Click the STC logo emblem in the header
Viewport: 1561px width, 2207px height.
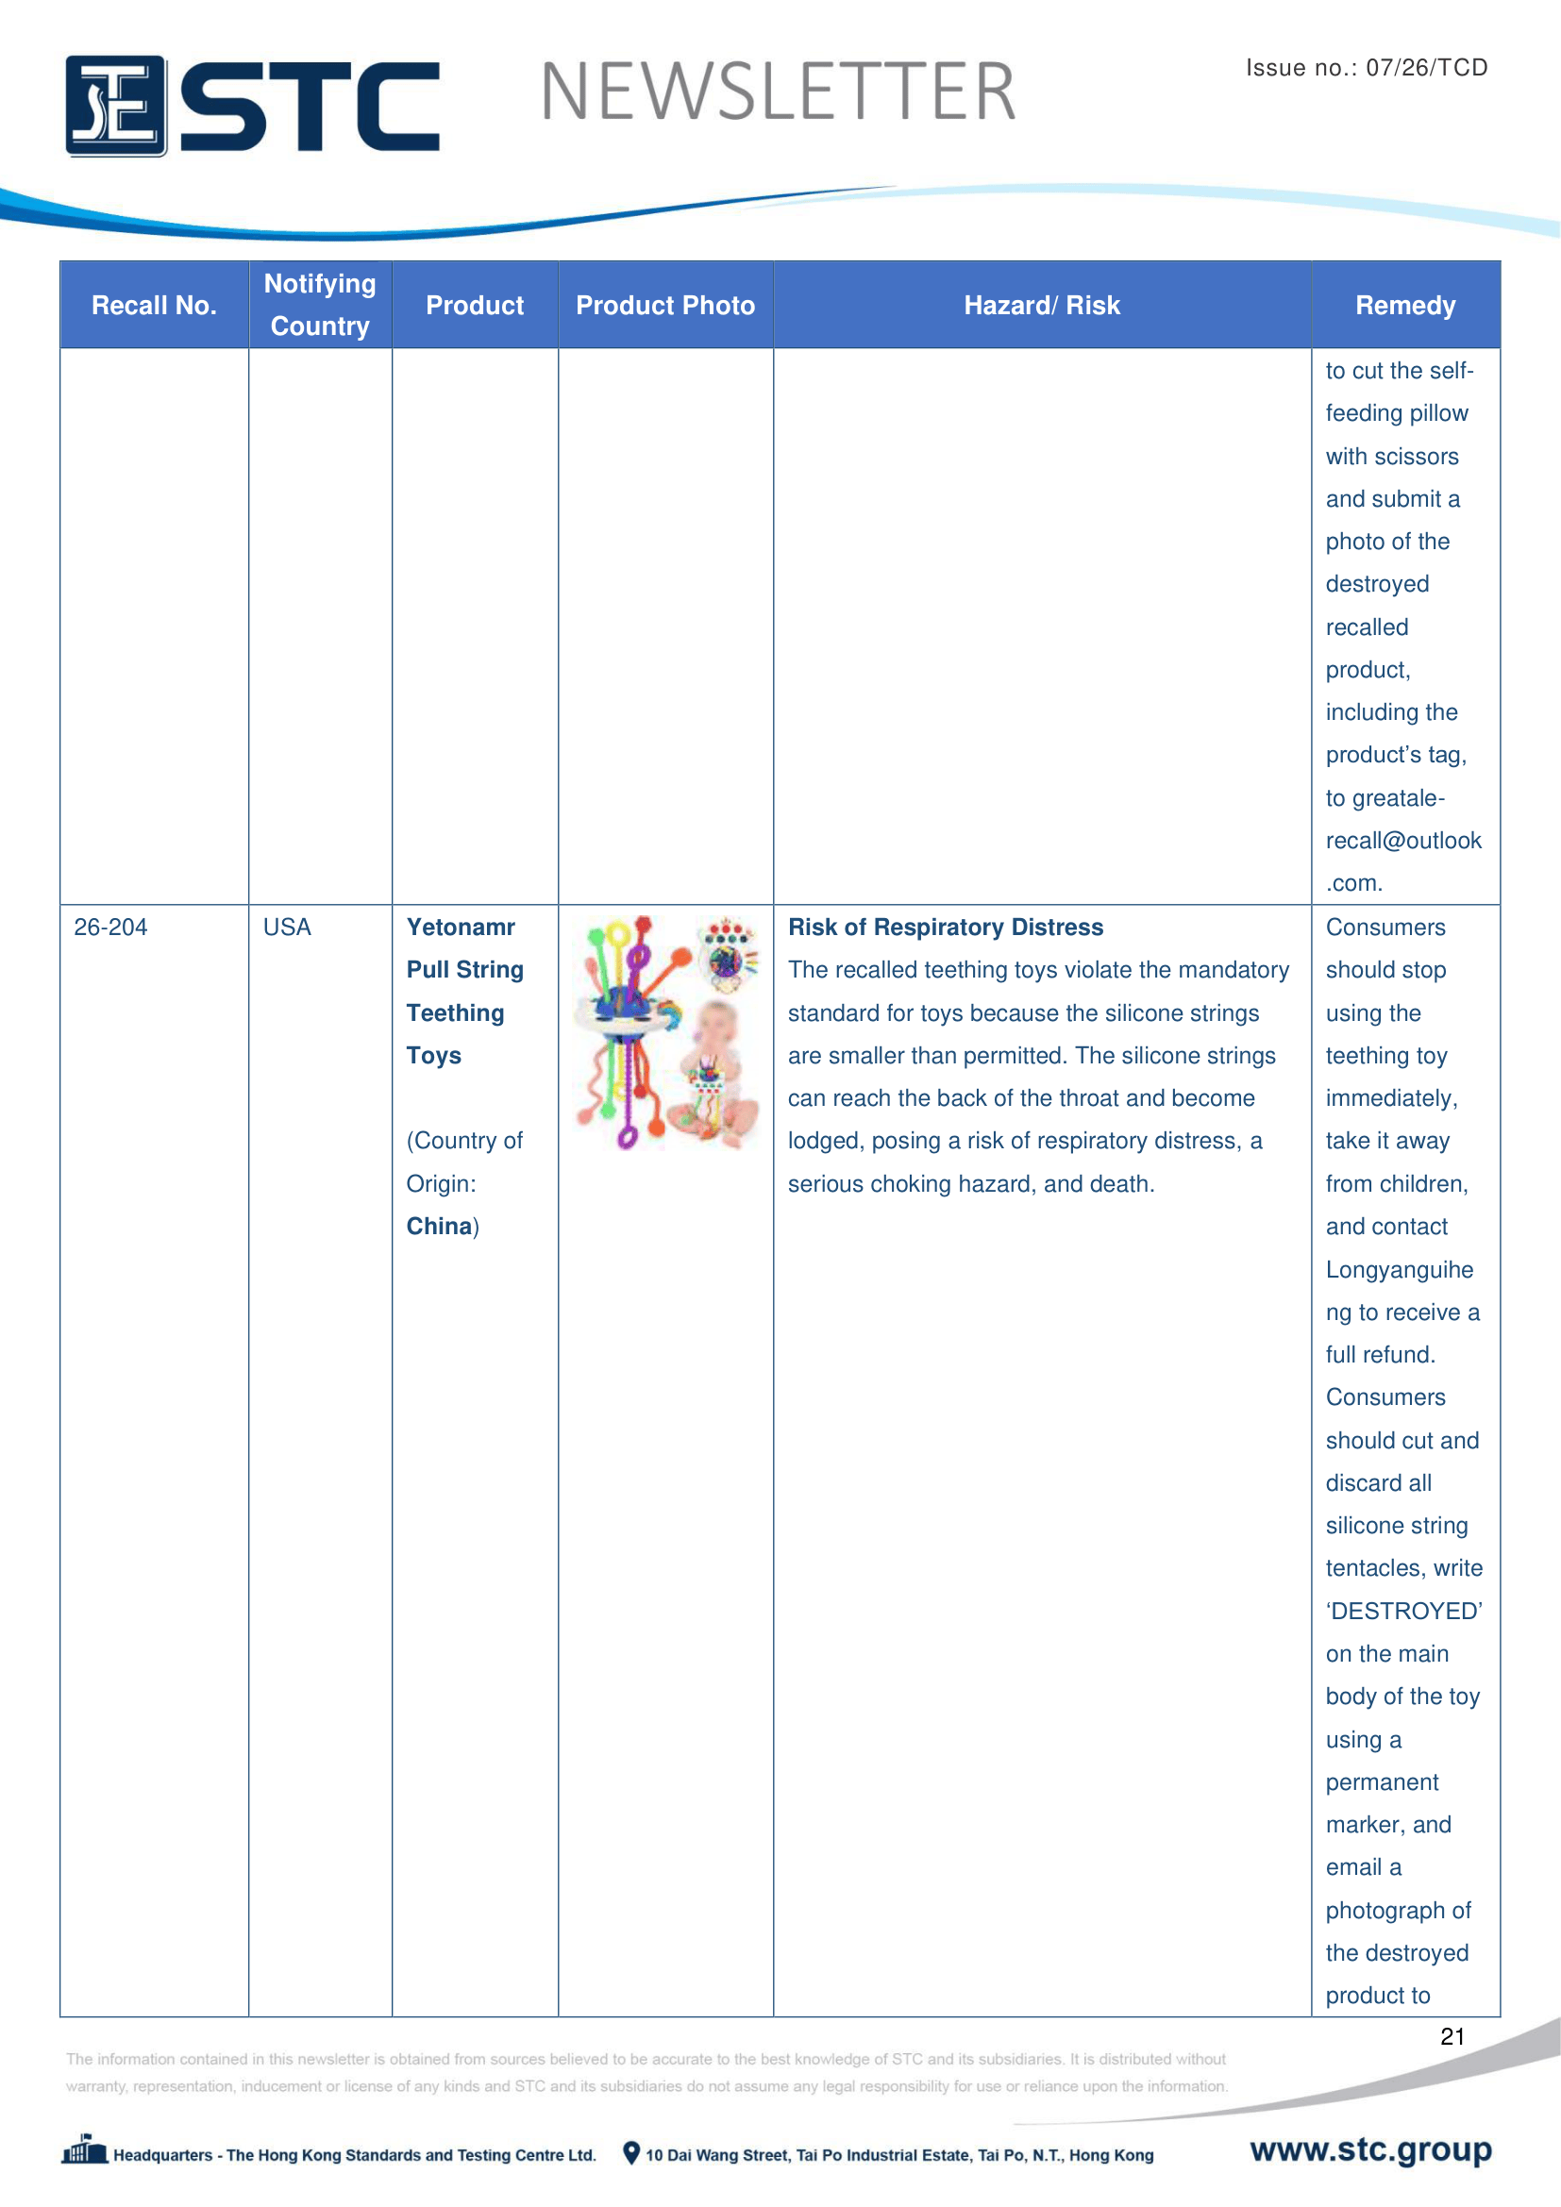pos(116,106)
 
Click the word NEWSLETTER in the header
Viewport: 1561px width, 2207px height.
pos(778,92)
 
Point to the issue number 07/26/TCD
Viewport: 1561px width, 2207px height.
pos(1426,67)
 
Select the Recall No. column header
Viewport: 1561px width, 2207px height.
pos(154,306)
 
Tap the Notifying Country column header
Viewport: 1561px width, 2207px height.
pos(320,305)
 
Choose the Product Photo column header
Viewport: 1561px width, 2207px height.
pos(665,306)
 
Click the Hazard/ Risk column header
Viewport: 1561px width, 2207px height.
pos(1042,306)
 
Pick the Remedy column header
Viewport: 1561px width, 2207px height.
pos(1404,306)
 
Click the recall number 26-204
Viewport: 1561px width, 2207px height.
pos(110,928)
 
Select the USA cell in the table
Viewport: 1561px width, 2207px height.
pos(288,928)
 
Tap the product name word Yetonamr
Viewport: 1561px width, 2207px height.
pos(461,928)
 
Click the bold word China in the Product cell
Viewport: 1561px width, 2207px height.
pos(439,1227)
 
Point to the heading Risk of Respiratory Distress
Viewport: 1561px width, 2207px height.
pos(945,928)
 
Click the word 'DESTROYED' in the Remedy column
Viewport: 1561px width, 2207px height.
pos(1403,1611)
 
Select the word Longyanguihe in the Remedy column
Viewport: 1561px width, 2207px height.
pos(1399,1270)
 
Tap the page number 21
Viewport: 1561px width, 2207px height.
pos(1452,2036)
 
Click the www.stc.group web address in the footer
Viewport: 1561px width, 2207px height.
pos(1370,2149)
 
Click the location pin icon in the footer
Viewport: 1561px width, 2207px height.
pos(630,2153)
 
